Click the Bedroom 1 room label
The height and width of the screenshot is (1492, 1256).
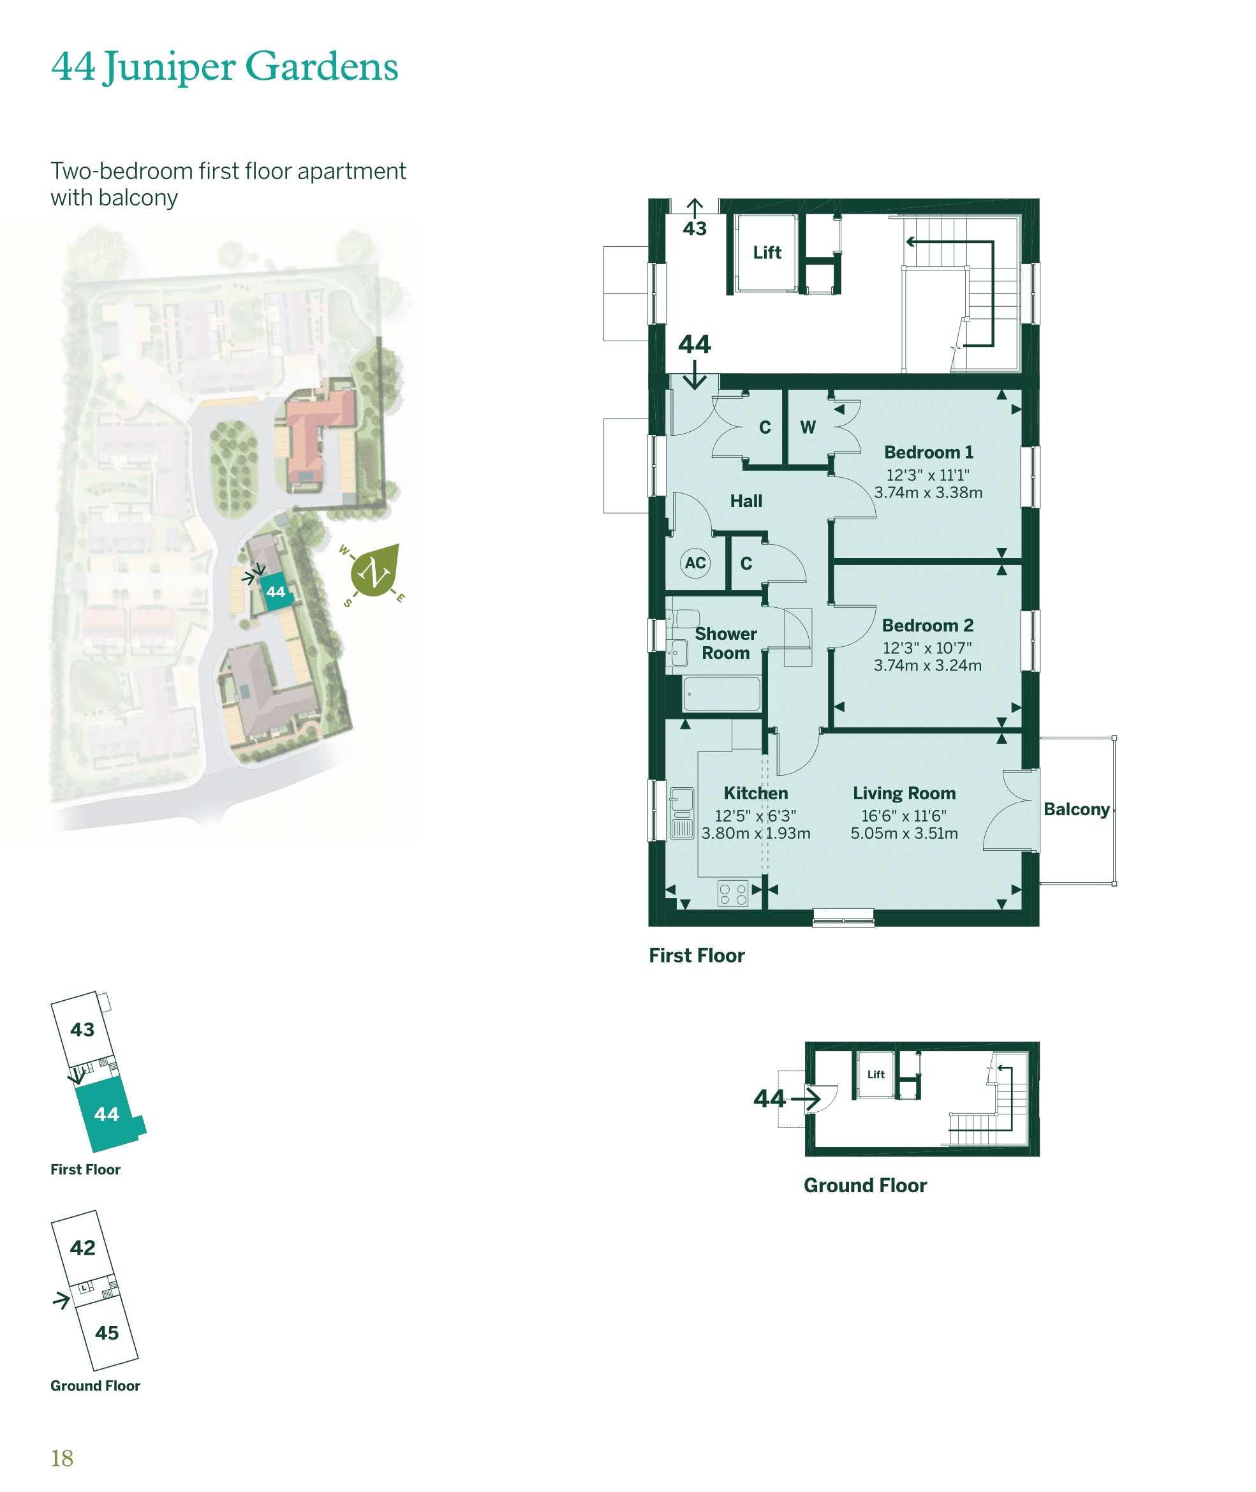pos(929,452)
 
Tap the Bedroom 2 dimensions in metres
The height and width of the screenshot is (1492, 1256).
pos(927,665)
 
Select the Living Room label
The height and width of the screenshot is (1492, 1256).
pos(905,793)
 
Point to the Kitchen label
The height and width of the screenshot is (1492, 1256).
pos(755,793)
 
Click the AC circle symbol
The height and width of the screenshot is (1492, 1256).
pos(696,563)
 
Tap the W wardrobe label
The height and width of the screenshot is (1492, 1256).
pos(808,427)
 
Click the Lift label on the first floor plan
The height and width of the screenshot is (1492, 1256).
pos(767,253)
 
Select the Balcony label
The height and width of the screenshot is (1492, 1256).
pos(1077,809)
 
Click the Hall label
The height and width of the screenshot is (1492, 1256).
pos(746,501)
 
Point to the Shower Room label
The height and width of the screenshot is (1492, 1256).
pos(725,644)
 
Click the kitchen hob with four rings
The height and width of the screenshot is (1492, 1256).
pos(734,893)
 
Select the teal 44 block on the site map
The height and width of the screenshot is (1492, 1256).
pos(276,591)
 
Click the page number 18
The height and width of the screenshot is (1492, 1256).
pos(62,1459)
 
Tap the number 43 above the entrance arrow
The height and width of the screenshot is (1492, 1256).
pos(695,228)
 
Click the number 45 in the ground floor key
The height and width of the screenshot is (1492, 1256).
pos(107,1333)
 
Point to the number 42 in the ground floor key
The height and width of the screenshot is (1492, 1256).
pos(82,1247)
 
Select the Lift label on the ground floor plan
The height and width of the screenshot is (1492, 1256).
pos(876,1074)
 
